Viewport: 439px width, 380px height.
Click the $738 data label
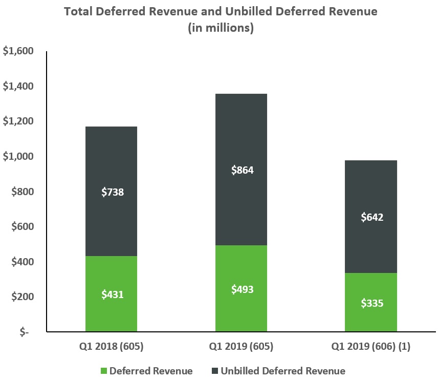pyautogui.click(x=112, y=193)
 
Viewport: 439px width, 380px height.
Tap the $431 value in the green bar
pyautogui.click(x=112, y=294)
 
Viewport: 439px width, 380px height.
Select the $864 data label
pyautogui.click(x=242, y=170)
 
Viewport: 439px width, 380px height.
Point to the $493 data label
pyautogui.click(x=242, y=289)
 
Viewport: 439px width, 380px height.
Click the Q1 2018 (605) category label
pyautogui.click(x=112, y=347)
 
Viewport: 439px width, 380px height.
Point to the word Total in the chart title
pyautogui.click(x=79, y=11)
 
